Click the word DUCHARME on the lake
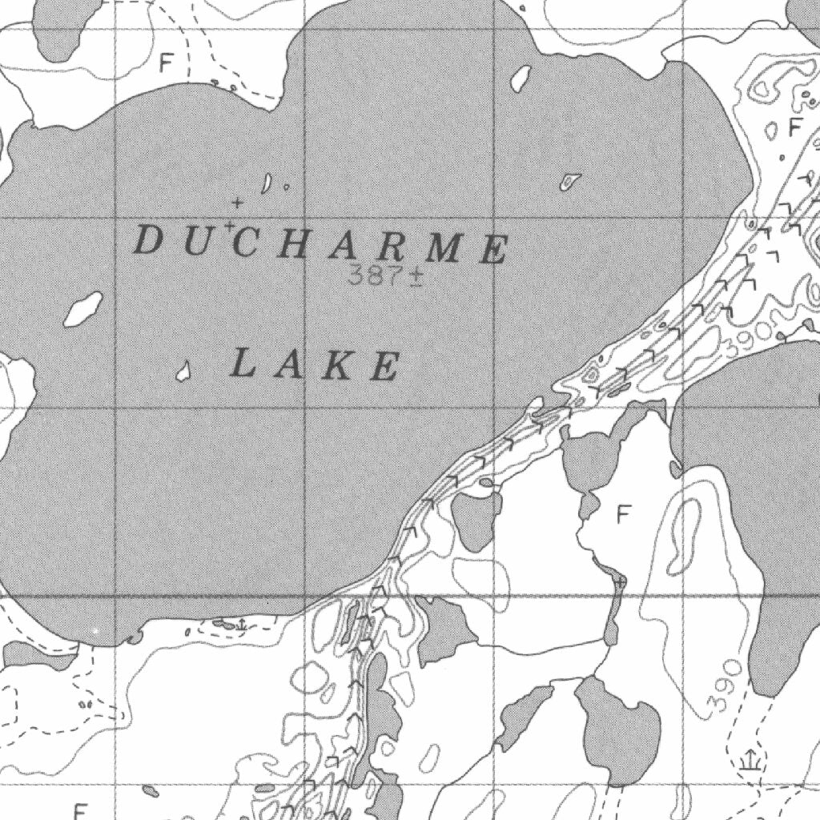click(320, 244)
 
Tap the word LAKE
click(315, 365)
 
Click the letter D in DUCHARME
click(147, 240)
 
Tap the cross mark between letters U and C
click(230, 227)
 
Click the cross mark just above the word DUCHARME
click(237, 203)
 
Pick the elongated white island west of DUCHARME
click(83, 309)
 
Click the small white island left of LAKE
click(183, 370)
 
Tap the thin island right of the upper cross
click(267, 183)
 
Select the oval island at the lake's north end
click(521, 77)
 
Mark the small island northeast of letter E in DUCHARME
click(570, 182)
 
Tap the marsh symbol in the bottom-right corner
click(750, 760)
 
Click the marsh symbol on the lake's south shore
click(240, 623)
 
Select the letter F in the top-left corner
click(166, 62)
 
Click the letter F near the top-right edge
click(794, 127)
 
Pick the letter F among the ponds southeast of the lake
click(625, 513)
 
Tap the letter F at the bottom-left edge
click(79, 810)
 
